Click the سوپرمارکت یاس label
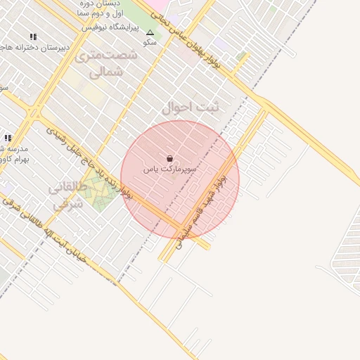pyautogui.click(x=170, y=169)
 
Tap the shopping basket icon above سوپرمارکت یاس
pyautogui.click(x=170, y=159)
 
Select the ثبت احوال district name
pyautogui.click(x=191, y=108)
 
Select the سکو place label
pyautogui.click(x=149, y=42)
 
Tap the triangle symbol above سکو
pyautogui.click(x=150, y=32)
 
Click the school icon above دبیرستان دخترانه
pyautogui.click(x=33, y=37)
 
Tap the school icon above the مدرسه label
pyautogui.click(x=8, y=139)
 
